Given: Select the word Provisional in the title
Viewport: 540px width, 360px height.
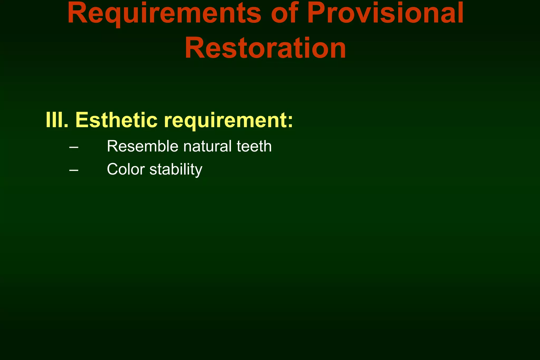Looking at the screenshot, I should coord(385,14).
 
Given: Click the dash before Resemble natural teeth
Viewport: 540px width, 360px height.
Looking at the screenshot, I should coord(74,147).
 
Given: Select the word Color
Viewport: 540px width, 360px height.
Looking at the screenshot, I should coord(126,169).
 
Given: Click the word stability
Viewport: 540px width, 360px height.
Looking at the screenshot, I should coord(176,169).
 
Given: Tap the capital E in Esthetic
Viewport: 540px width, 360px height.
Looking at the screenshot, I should coord(82,120).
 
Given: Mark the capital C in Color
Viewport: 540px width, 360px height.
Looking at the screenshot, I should coord(112,169).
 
